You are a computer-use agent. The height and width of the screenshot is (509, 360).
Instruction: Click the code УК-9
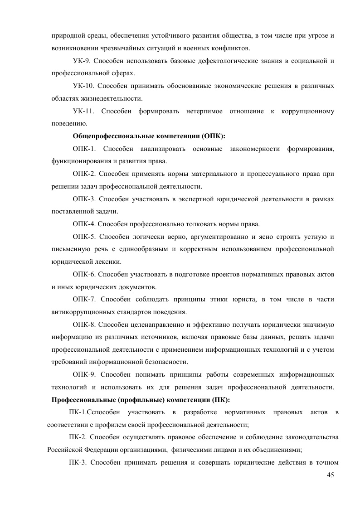pyautogui.click(x=83, y=61)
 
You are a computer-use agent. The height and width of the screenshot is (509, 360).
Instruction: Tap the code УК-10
pyautogui.click(x=84, y=86)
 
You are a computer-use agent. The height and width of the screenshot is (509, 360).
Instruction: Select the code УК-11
pyautogui.click(x=84, y=111)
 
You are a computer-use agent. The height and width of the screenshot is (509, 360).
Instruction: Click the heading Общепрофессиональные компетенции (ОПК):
pyautogui.click(x=149, y=136)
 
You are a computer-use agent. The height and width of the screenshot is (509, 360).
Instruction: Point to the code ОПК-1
pyautogui.click(x=85, y=149)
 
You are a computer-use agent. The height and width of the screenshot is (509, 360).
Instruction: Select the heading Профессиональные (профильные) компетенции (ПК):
pyautogui.click(x=141, y=400)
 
